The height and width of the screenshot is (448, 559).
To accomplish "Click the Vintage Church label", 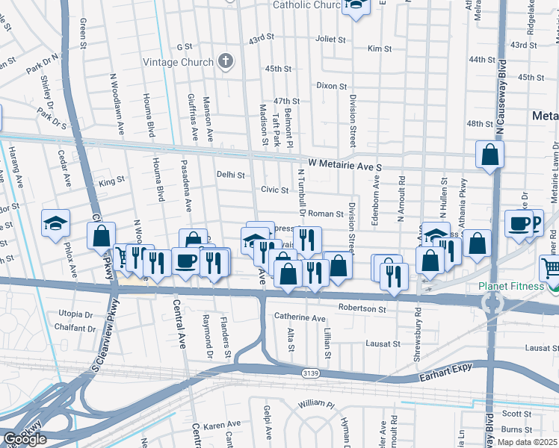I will point(178,62).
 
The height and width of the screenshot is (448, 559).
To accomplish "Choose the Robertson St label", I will point(361,308).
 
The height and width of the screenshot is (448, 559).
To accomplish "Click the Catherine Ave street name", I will point(300,318).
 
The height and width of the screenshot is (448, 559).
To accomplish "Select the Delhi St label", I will point(231,175).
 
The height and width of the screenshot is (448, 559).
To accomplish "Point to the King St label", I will point(111,181).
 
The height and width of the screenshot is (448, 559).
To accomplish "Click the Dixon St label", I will point(331,86).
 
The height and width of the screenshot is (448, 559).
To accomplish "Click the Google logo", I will point(25,439).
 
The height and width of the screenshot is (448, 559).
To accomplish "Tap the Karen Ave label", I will point(223,425).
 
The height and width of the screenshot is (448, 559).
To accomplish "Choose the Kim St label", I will point(380,49).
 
